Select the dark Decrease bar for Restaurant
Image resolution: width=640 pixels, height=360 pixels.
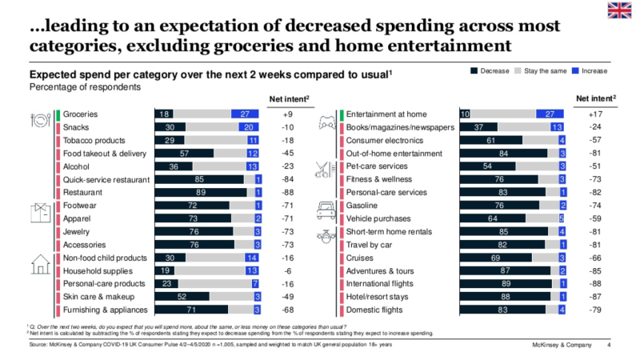199,193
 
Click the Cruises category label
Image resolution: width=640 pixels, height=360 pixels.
361,258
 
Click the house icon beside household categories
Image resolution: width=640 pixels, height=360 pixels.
41,264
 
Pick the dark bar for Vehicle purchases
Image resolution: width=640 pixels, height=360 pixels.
491,218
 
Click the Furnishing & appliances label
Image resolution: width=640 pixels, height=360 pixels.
106,310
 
